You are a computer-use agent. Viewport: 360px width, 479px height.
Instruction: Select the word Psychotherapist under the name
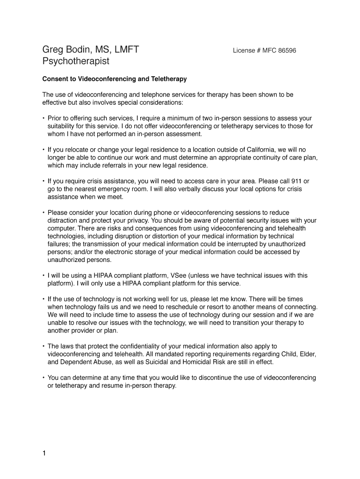76,61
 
